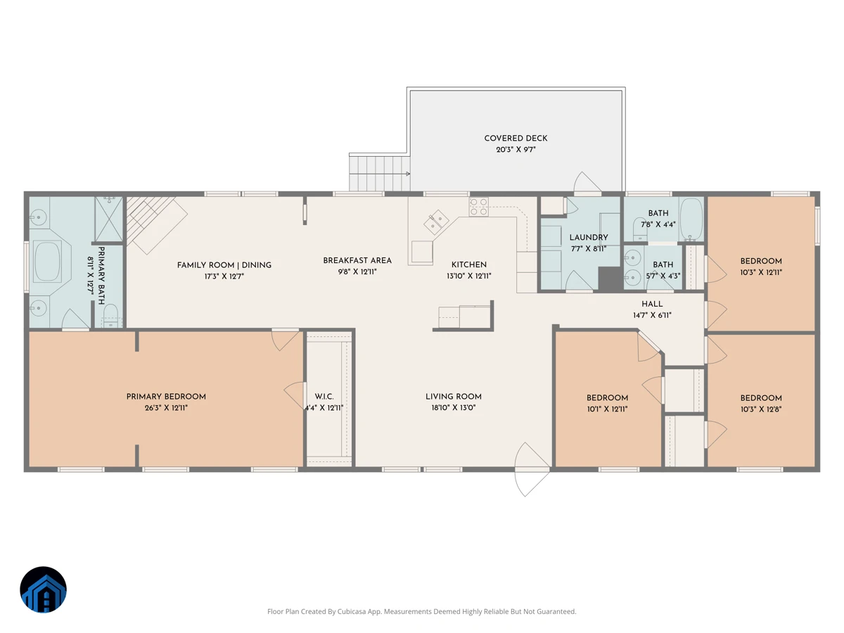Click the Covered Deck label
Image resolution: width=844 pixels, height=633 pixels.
(516, 138)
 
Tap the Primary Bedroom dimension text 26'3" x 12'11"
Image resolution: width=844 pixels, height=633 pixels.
(166, 408)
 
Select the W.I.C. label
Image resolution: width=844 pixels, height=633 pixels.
(324, 396)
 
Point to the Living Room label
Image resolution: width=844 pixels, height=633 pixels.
(454, 396)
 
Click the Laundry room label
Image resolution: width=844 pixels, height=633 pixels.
(589, 238)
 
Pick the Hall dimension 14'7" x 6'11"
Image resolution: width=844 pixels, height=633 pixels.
(652, 315)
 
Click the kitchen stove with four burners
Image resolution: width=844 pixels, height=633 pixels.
(479, 207)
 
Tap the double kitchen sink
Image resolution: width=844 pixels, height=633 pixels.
(436, 222)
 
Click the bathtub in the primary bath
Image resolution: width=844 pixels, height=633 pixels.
(47, 261)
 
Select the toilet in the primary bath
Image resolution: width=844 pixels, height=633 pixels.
(110, 316)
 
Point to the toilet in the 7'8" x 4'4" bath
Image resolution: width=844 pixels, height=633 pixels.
(640, 229)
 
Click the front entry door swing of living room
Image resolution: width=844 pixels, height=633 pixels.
(532, 469)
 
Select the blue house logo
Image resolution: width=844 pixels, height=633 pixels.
(43, 589)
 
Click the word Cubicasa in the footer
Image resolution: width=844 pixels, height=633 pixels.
(352, 611)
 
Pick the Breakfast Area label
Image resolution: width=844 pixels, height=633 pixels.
(357, 260)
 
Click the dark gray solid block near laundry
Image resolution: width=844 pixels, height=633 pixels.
(610, 279)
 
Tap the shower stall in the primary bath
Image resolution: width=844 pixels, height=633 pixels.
(109, 219)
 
